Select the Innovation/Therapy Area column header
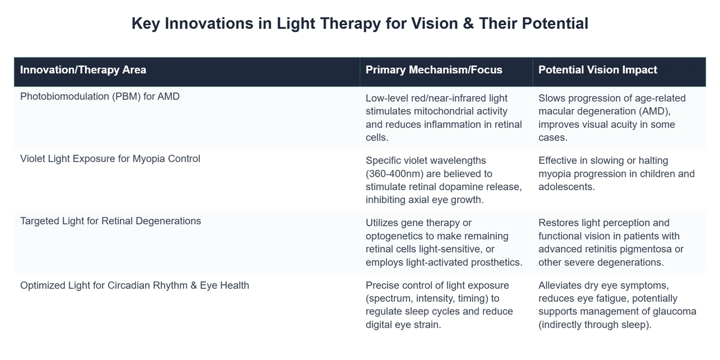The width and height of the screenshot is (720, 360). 83,70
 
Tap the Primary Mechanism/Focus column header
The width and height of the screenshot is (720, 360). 434,70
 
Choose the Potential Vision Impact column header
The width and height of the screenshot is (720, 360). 598,70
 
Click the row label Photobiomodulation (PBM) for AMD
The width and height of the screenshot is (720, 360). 100,96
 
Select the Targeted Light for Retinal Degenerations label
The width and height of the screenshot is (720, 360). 110,221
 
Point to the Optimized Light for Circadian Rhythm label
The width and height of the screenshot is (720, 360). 134,286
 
